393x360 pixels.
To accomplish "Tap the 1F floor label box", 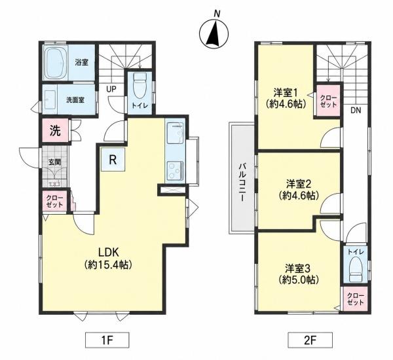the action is coord(107,340).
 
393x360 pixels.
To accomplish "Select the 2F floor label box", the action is coord(310,340).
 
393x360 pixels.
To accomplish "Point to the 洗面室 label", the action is coord(75,100).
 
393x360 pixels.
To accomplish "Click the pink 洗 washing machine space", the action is coord(55,130).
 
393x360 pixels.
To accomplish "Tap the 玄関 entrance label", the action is coord(54,162).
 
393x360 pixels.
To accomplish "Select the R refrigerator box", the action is coord(113,159).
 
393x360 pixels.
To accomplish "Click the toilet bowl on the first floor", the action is coord(140,86).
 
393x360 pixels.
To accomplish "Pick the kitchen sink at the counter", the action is coord(175,134).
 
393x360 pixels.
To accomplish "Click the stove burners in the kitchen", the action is coord(175,171).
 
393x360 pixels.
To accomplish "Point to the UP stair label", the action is coord(111,89).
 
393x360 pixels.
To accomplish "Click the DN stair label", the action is coord(356,110).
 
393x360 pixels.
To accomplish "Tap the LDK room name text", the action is coord(108,253).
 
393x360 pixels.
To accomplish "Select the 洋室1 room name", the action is coord(286,93).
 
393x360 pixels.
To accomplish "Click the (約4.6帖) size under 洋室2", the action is coord(299,195).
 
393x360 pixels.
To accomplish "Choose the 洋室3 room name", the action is coord(298,268).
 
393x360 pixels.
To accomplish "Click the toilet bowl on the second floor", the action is coord(356,270).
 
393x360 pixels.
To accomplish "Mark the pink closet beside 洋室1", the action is coord(328,100).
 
